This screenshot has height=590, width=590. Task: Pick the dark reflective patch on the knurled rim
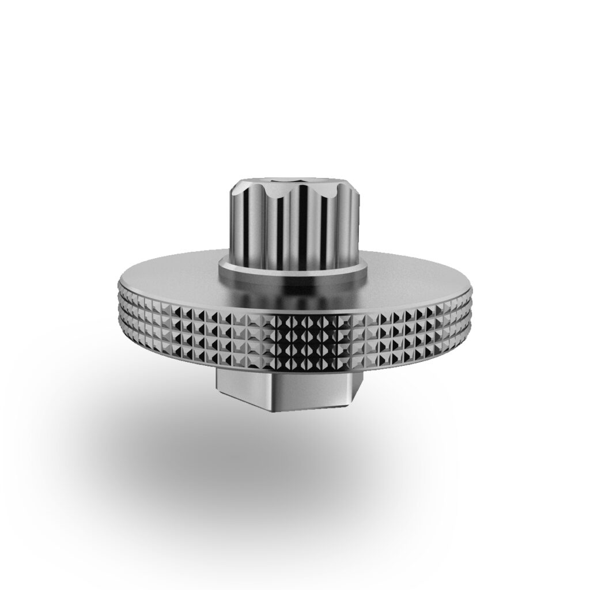pos(305,340)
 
